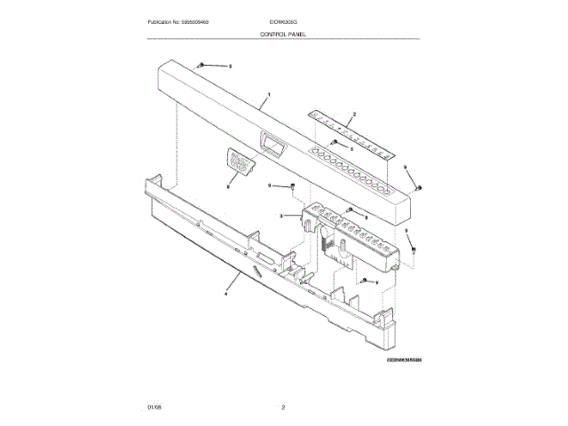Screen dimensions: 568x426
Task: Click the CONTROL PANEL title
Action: (283, 33)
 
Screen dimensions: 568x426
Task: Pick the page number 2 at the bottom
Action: (283, 406)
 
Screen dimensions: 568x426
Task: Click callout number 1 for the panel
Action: (269, 94)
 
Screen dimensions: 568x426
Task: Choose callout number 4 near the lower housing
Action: (226, 292)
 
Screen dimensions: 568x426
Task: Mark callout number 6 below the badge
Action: (228, 187)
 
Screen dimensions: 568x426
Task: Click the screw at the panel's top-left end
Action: (203, 66)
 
